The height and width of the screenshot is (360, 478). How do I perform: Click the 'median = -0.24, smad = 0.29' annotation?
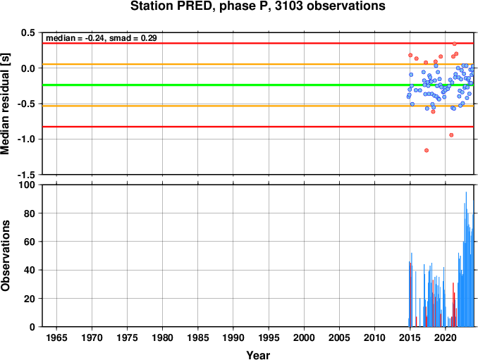click(x=102, y=38)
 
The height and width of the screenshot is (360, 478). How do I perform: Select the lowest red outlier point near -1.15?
click(x=427, y=150)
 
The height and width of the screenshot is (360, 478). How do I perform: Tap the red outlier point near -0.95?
click(x=451, y=135)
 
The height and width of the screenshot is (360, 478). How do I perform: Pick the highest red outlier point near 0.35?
click(x=454, y=44)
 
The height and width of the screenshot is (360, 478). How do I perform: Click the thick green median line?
click(x=258, y=85)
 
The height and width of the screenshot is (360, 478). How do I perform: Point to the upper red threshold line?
click(x=258, y=43)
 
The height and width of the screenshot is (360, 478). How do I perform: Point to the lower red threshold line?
click(x=258, y=127)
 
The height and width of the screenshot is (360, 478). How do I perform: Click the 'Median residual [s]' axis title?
click(x=5, y=104)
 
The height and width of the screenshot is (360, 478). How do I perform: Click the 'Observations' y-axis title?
click(x=5, y=255)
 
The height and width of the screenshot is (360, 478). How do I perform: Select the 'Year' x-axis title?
click(x=258, y=355)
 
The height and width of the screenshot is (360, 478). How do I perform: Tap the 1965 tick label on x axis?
click(x=56, y=337)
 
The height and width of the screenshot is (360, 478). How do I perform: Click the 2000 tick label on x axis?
click(x=304, y=337)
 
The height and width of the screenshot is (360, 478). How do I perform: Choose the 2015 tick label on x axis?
click(x=410, y=337)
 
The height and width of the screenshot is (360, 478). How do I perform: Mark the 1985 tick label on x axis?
click(x=198, y=337)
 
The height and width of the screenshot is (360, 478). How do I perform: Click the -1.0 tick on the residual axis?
click(x=26, y=139)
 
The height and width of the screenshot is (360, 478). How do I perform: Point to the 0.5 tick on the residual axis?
click(x=28, y=32)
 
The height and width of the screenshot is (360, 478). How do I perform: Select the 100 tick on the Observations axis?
click(x=27, y=185)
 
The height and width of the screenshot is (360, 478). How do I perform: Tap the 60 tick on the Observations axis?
click(x=30, y=242)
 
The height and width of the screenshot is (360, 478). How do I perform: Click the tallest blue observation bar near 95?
click(x=466, y=259)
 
